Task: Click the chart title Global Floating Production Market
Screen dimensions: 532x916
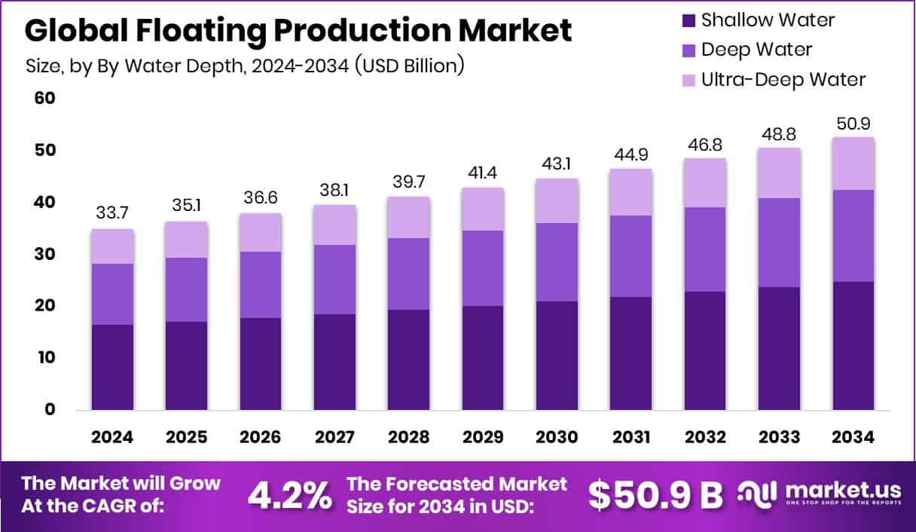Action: [298, 31]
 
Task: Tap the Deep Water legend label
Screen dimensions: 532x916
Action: [756, 50]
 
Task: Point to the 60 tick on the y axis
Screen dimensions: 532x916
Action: [44, 99]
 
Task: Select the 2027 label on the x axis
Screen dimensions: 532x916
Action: [334, 438]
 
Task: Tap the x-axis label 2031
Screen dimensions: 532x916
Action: [631, 438]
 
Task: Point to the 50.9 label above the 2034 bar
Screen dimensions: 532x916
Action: [853, 124]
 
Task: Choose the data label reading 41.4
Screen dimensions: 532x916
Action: [483, 174]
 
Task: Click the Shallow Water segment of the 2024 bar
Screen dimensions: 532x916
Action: [113, 367]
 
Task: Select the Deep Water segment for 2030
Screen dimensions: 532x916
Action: [557, 261]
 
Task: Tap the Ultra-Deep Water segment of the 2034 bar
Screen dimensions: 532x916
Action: [853, 164]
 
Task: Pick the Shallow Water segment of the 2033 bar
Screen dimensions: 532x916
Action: [779, 348]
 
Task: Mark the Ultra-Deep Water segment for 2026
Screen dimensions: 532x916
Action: [261, 232]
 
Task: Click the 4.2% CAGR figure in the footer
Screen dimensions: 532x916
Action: [290, 495]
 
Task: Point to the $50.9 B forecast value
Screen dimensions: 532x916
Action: [655, 495]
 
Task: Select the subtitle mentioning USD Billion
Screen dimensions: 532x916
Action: [245, 66]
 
